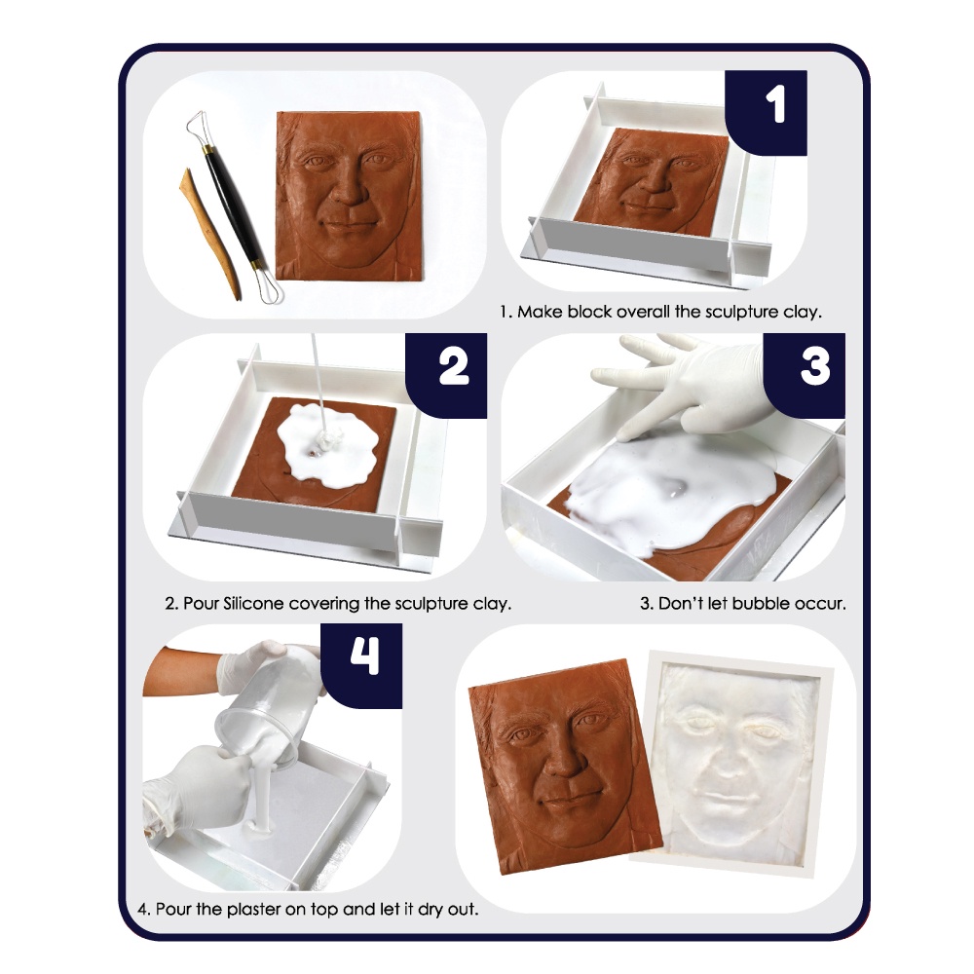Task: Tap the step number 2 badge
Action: click(446, 375)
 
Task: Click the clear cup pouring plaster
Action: click(269, 706)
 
